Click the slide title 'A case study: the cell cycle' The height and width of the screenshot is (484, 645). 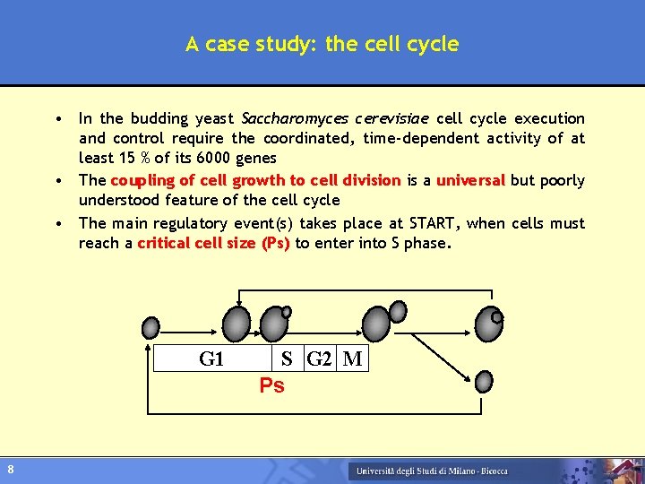point(322,44)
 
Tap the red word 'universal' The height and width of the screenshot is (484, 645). point(470,180)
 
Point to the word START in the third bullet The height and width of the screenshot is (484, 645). point(434,223)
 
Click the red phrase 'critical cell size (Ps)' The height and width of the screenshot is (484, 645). point(213,243)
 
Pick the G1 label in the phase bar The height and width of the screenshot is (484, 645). point(211,359)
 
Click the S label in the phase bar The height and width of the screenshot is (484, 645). point(287,359)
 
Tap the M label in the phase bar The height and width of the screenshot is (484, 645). point(353,359)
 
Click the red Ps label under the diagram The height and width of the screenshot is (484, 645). point(271,386)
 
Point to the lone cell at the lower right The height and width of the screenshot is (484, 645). point(484,381)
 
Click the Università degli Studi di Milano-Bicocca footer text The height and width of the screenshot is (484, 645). point(431,471)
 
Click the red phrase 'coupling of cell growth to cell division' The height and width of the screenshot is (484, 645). point(255,180)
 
